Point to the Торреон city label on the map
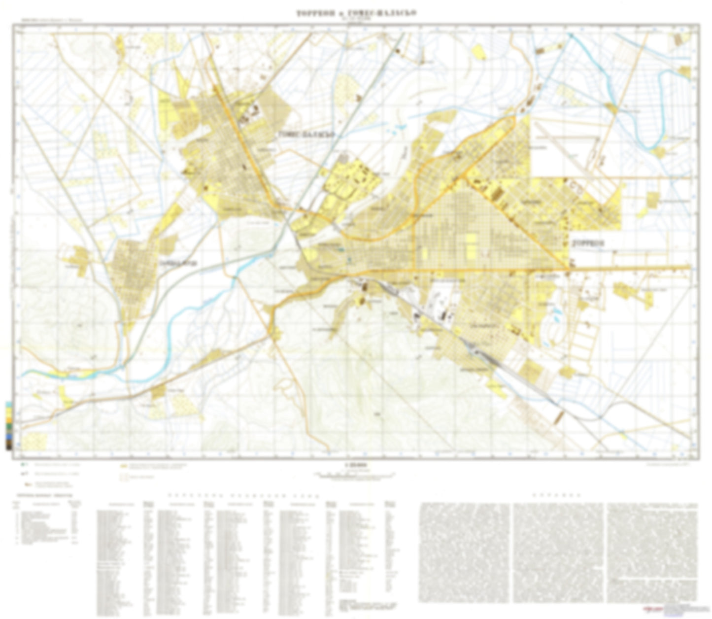pyautogui.click(x=587, y=243)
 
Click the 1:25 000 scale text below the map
pyautogui.click(x=355, y=464)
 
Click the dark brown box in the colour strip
pyautogui.click(x=9, y=445)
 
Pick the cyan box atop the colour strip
pyautogui.click(x=9, y=404)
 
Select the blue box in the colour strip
pyautogui.click(x=9, y=437)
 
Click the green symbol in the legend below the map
pyautogui.click(x=23, y=465)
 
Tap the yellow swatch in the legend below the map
pyautogui.click(x=123, y=465)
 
